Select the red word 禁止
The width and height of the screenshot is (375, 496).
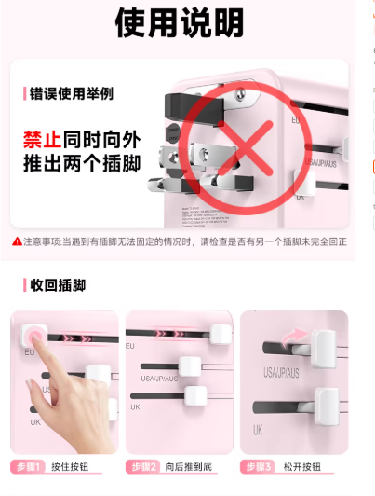click(x=42, y=140)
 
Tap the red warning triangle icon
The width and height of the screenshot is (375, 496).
click(x=17, y=241)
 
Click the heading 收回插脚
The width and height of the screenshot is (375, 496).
click(x=62, y=284)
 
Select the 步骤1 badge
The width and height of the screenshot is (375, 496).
click(x=29, y=466)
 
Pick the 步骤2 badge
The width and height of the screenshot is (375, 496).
click(x=144, y=466)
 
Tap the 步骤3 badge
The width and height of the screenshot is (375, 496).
click(x=258, y=466)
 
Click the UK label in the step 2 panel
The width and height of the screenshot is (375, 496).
click(x=136, y=407)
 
